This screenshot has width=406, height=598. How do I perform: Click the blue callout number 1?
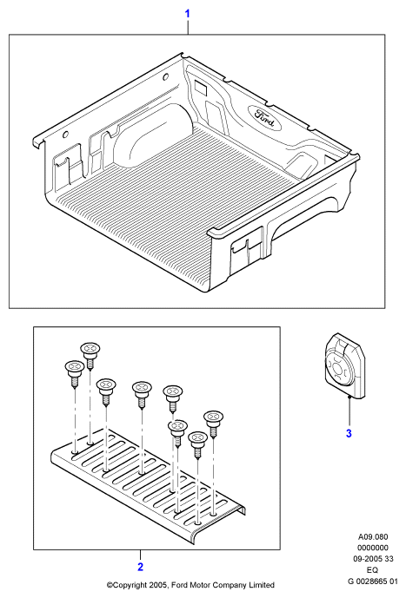pyautogui.click(x=187, y=14)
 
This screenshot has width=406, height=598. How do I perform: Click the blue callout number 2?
pyautogui.click(x=140, y=567)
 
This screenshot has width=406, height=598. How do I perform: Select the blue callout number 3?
pyautogui.click(x=349, y=433)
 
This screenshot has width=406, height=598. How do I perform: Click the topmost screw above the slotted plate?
pyautogui.click(x=90, y=355)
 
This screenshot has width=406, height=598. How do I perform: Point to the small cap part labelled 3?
pyautogui.click(x=345, y=366)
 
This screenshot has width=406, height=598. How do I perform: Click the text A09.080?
pyautogui.click(x=373, y=537)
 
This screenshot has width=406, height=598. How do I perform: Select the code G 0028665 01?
pyautogui.click(x=373, y=582)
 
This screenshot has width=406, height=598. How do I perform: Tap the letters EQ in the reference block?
pyautogui.click(x=372, y=570)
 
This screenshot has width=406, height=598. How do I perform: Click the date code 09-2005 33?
pyautogui.click(x=373, y=559)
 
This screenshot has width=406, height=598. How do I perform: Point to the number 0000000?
pyautogui.click(x=373, y=548)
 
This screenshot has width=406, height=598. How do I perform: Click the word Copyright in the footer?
pyautogui.click(x=128, y=585)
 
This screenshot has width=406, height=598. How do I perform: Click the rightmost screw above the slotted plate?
pyautogui.click(x=214, y=424)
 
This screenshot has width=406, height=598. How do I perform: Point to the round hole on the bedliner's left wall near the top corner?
pyautogui.click(x=165, y=77)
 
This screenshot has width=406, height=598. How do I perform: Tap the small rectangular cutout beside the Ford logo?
pyautogui.click(x=200, y=87)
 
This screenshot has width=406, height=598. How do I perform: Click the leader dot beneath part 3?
pyautogui.click(x=349, y=397)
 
